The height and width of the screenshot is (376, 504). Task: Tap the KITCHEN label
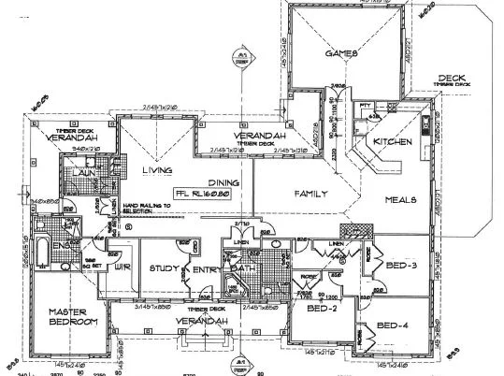[x=393, y=142]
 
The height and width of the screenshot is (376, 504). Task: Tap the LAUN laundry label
[x=78, y=174]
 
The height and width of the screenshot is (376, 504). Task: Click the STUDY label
[x=164, y=268]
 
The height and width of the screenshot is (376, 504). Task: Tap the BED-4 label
[x=393, y=326]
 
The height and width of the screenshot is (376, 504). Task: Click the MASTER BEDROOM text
[x=72, y=316]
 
